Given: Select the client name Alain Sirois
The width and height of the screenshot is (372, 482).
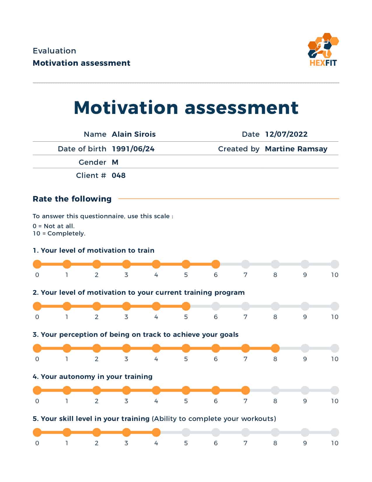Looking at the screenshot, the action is click(x=134, y=134).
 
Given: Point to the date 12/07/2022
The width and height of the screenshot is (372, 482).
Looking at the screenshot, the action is click(x=286, y=134).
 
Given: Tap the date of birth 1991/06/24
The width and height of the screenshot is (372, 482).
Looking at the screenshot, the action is click(x=133, y=149).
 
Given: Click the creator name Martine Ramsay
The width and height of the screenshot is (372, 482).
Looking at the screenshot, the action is click(x=296, y=149).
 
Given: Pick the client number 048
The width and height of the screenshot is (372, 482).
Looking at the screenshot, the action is click(x=118, y=176).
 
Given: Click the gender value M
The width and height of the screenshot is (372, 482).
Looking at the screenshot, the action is click(x=115, y=162).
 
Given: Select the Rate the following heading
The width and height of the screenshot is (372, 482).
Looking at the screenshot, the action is click(x=72, y=199).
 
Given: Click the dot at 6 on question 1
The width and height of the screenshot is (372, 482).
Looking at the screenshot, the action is click(x=216, y=264).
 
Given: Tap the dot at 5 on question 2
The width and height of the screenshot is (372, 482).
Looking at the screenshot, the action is click(x=186, y=306).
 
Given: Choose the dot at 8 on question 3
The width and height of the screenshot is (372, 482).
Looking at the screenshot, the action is click(x=275, y=348).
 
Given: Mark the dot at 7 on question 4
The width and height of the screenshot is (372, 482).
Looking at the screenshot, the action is click(x=245, y=390).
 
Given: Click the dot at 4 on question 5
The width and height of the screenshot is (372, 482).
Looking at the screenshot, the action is click(x=156, y=432).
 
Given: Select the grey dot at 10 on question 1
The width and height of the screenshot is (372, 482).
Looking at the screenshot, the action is click(x=335, y=264).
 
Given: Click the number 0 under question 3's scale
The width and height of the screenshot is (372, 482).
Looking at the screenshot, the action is click(x=37, y=359).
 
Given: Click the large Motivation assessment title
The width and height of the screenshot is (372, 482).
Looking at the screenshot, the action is click(x=186, y=108).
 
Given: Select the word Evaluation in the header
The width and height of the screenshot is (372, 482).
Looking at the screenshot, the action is click(x=54, y=51).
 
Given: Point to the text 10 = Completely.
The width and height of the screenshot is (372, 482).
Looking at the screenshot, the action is click(x=59, y=233).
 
